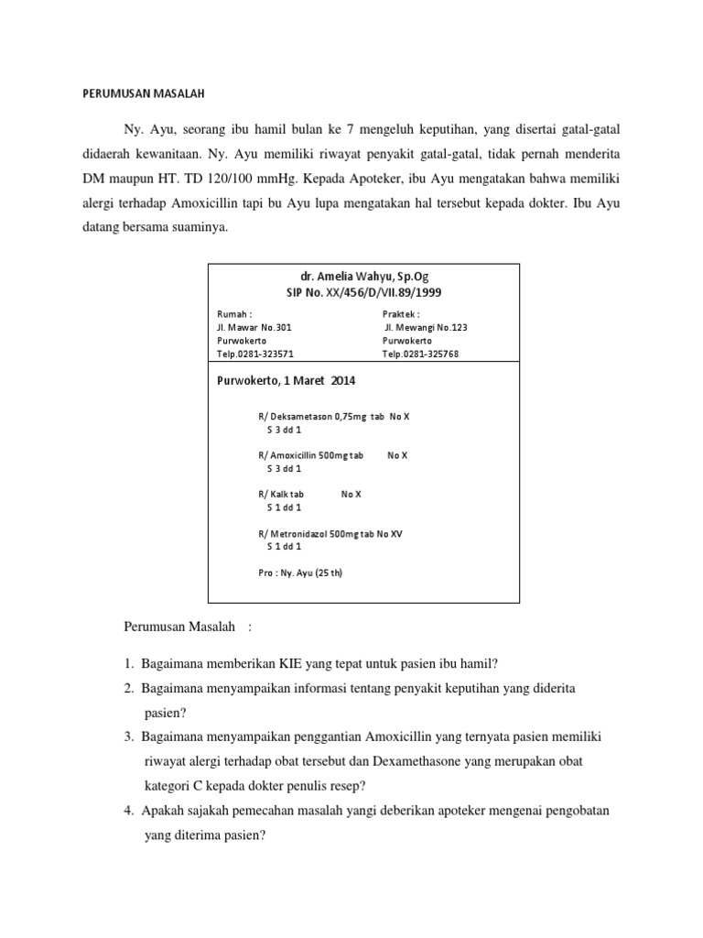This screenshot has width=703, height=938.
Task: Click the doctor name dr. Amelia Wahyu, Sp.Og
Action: click(363, 275)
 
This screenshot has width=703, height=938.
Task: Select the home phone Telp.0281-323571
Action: click(255, 353)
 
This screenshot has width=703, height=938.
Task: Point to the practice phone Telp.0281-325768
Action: click(420, 353)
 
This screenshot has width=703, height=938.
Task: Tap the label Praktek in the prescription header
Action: click(401, 313)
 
